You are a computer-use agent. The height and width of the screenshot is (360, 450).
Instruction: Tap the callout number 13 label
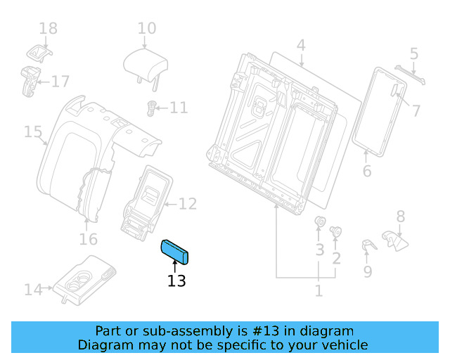coord(176,281)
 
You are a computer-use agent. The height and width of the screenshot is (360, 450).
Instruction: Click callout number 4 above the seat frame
coord(301,46)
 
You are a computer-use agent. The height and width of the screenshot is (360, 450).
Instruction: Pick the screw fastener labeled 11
coord(150,108)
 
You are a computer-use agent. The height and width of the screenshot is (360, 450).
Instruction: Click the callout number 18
coord(48,29)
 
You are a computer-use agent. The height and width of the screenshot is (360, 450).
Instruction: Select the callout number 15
coord(33,131)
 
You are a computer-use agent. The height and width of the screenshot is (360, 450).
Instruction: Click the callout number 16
coord(88,240)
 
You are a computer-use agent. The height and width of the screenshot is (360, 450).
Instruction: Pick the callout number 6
coord(366,171)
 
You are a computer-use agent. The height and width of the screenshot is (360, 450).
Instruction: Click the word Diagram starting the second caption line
coord(104,345)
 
